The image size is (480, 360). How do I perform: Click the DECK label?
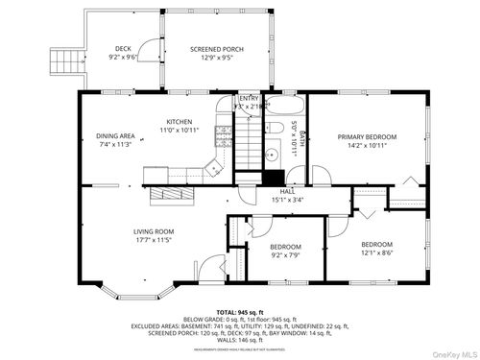(123, 47)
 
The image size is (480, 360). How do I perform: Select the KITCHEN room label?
(180, 122)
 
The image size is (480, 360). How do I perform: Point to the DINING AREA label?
(114, 137)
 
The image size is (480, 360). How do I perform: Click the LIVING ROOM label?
(153, 231)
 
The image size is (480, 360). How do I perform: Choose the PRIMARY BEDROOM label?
(367, 137)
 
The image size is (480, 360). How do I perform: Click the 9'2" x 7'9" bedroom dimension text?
(285, 254)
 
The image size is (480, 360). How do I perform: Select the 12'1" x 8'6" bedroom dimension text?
(376, 254)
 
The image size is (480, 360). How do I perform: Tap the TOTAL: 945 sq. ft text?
(240, 313)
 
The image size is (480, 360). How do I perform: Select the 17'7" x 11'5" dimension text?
(153, 240)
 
